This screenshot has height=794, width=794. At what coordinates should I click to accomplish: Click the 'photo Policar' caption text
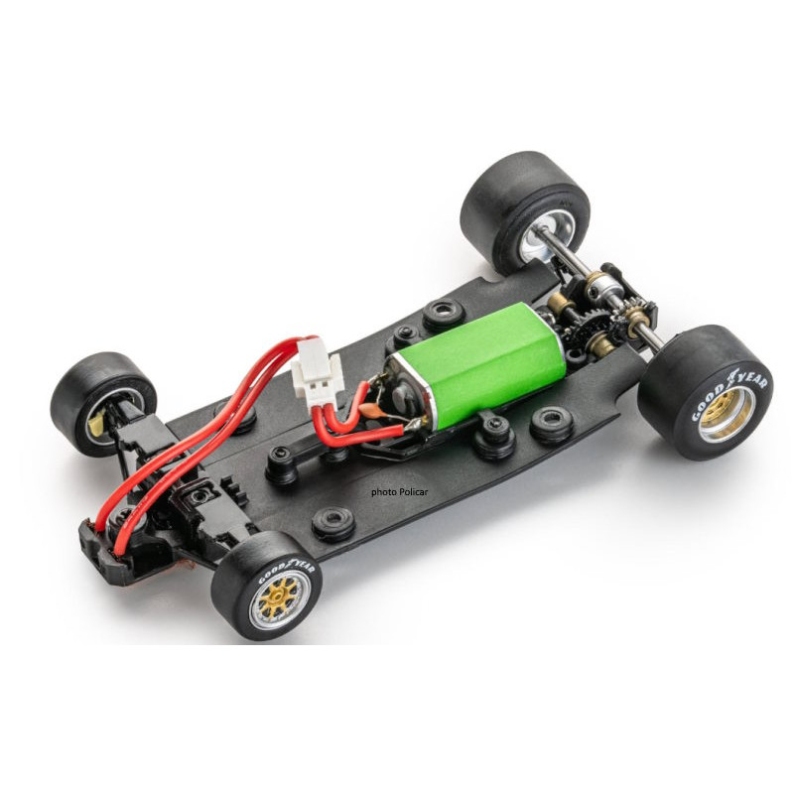tap(400, 491)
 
